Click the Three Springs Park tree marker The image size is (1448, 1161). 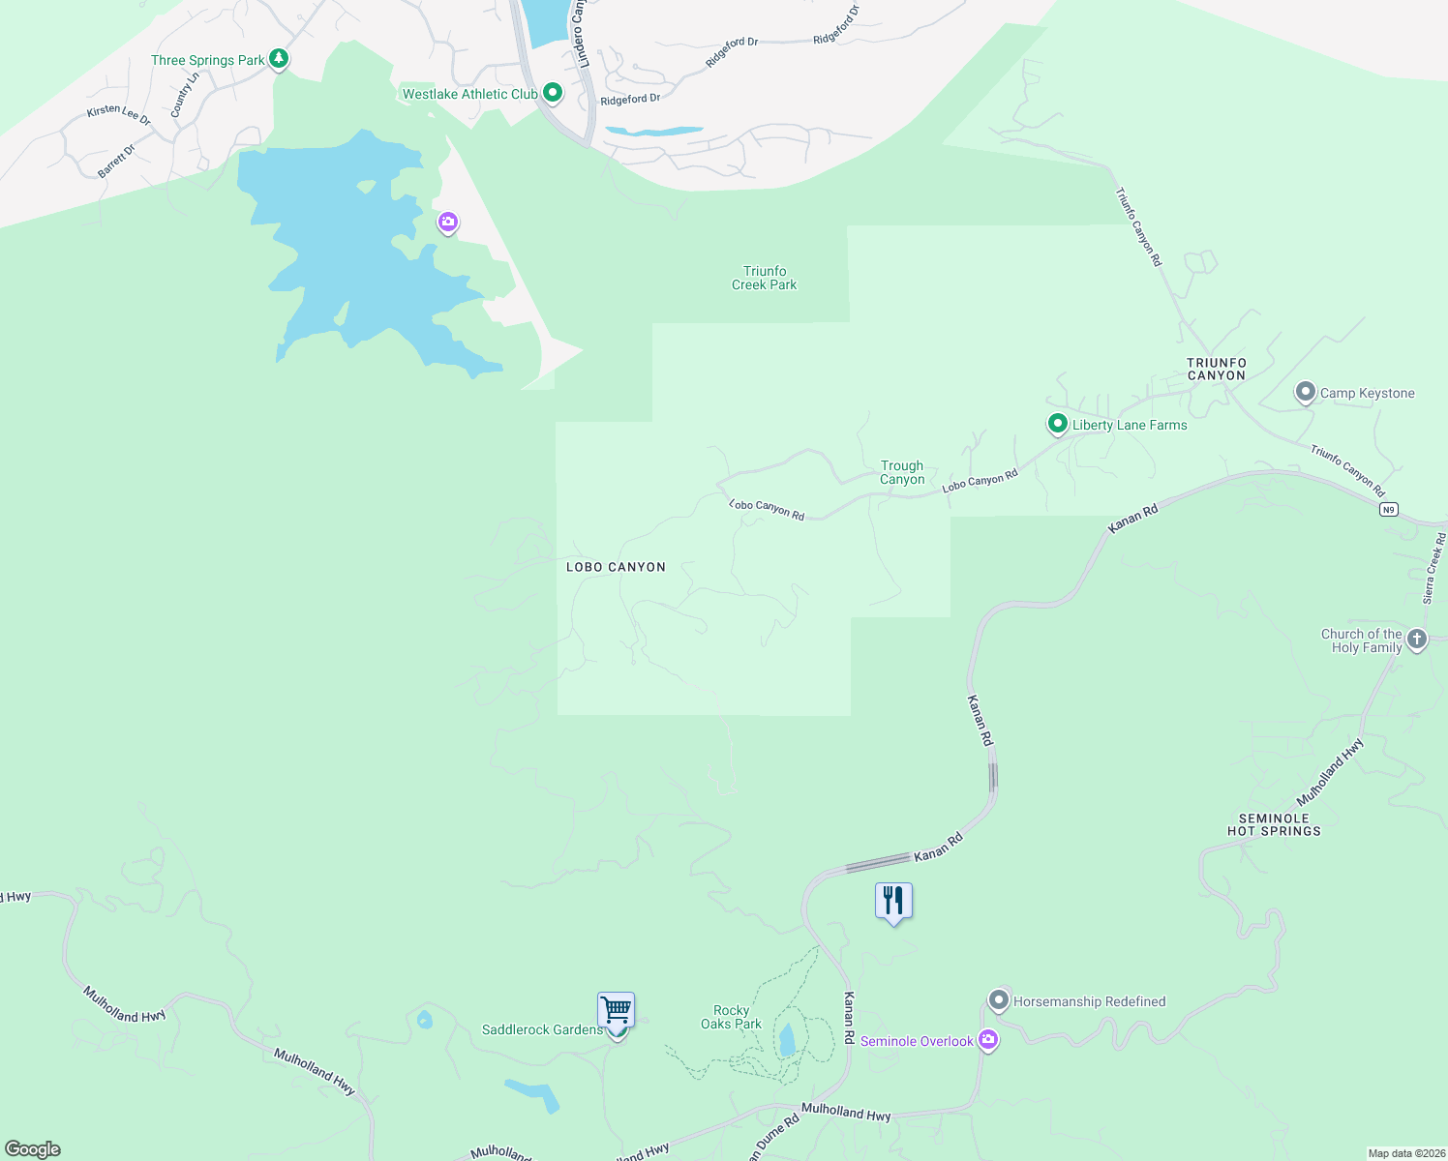tap(279, 59)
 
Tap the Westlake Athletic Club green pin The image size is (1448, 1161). tap(553, 93)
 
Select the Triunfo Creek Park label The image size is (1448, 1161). tap(765, 278)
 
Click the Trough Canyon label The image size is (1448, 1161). tap(902, 472)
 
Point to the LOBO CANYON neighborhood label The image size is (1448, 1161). tap(616, 567)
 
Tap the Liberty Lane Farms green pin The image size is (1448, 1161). tap(1058, 424)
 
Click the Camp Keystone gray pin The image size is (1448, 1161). tap(1306, 392)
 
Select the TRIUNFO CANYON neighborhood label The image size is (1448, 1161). tap(1217, 369)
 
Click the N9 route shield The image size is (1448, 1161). tap(1389, 509)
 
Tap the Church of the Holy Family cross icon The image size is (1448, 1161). tap(1417, 639)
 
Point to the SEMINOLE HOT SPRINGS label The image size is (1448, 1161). tap(1274, 824)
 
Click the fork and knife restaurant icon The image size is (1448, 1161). tap(893, 901)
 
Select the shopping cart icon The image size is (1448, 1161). tap(616, 1010)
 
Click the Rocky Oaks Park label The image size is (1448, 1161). tap(732, 1017)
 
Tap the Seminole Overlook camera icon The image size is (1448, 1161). tap(988, 1040)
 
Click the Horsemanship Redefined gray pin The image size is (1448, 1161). tap(999, 1000)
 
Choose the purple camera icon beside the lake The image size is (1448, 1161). tap(447, 223)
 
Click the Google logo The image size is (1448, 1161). tap(33, 1149)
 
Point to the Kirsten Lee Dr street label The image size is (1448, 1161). tap(119, 115)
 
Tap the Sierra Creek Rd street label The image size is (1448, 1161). tap(1434, 568)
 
